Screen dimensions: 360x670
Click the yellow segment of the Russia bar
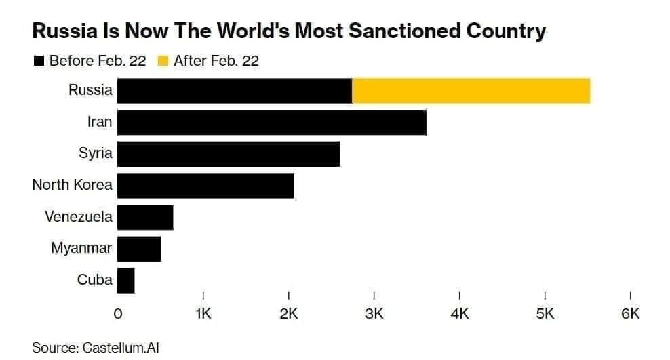(x=471, y=91)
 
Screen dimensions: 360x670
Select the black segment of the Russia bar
(x=235, y=91)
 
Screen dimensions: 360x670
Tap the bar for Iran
(x=271, y=122)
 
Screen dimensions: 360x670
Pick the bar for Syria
(x=229, y=153)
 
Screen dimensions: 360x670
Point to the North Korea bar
(x=205, y=185)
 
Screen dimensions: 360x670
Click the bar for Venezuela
(x=145, y=217)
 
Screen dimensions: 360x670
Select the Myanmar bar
(x=139, y=248)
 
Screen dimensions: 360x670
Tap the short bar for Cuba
(x=126, y=280)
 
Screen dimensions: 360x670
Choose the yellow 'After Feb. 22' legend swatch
(x=163, y=62)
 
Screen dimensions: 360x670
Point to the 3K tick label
(x=374, y=314)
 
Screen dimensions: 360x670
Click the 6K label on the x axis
(x=631, y=314)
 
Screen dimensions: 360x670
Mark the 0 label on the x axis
(x=118, y=314)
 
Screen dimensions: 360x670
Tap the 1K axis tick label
(x=203, y=314)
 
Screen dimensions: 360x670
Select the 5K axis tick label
(x=545, y=314)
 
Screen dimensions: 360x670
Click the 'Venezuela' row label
(x=79, y=217)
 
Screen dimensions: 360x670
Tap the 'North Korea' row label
(x=72, y=185)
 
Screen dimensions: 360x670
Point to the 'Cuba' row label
(x=95, y=280)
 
